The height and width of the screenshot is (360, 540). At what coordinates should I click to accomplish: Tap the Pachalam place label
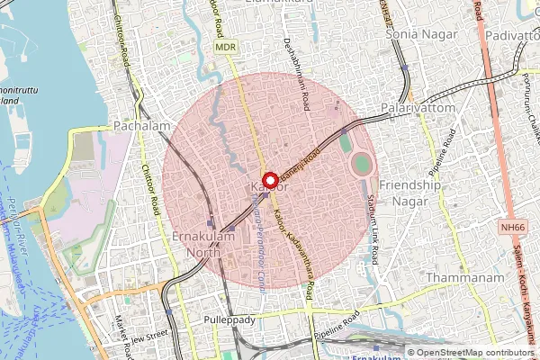pyautogui.click(x=141, y=127)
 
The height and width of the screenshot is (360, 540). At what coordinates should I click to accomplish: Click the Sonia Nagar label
pyautogui.click(x=421, y=34)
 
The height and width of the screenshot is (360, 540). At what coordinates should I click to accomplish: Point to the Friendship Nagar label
pyautogui.click(x=411, y=193)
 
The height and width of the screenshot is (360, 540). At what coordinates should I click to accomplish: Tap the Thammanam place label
pyautogui.click(x=464, y=278)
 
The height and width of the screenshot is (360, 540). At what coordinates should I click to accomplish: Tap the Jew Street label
pyautogui.click(x=149, y=335)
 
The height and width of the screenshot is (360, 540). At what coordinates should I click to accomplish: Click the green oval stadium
pyautogui.click(x=361, y=165)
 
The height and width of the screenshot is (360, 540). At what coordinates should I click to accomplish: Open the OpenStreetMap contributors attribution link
pyautogui.click(x=475, y=353)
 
